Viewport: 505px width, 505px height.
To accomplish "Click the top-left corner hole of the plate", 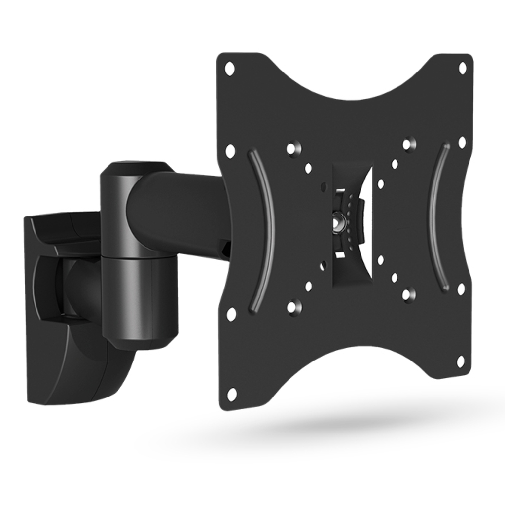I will (x=230, y=68).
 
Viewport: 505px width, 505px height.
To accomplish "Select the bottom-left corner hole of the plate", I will (x=231, y=394).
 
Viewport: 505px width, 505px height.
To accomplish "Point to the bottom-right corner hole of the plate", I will (x=461, y=361).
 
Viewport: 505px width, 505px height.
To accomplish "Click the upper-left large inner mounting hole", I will (x=293, y=147).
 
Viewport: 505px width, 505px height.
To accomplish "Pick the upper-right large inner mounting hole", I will (x=409, y=144).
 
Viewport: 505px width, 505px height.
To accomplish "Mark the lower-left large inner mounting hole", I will (x=294, y=307).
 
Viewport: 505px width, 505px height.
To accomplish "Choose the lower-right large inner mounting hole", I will (x=408, y=294).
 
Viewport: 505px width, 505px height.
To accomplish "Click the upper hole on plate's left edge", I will (x=230, y=151).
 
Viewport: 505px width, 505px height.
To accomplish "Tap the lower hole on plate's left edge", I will (x=231, y=314).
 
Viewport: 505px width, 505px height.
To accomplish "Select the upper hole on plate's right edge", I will (x=462, y=143).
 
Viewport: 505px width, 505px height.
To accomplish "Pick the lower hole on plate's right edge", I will (x=461, y=289).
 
